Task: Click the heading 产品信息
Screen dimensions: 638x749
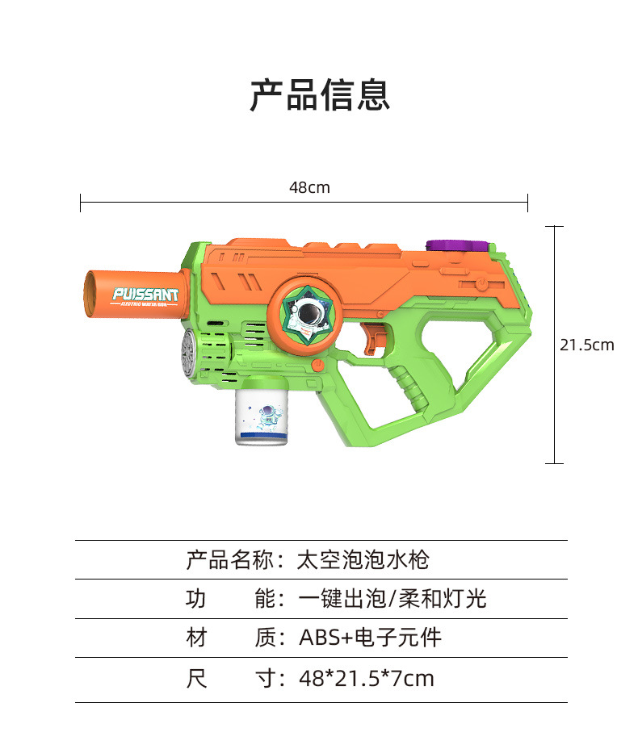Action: point(319,95)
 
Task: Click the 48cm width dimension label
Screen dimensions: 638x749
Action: point(309,188)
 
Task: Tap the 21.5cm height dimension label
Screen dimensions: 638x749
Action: point(587,345)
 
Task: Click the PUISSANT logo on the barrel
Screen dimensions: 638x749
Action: point(145,295)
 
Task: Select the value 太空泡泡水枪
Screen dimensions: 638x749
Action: point(363,559)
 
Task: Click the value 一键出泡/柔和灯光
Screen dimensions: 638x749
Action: point(392,599)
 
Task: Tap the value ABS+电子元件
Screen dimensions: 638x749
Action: point(370,638)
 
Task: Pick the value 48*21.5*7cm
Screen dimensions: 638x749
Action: point(366,678)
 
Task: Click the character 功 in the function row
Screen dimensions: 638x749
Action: point(196,599)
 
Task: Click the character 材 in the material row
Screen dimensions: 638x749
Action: point(196,638)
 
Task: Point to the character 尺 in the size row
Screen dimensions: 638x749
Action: point(196,678)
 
